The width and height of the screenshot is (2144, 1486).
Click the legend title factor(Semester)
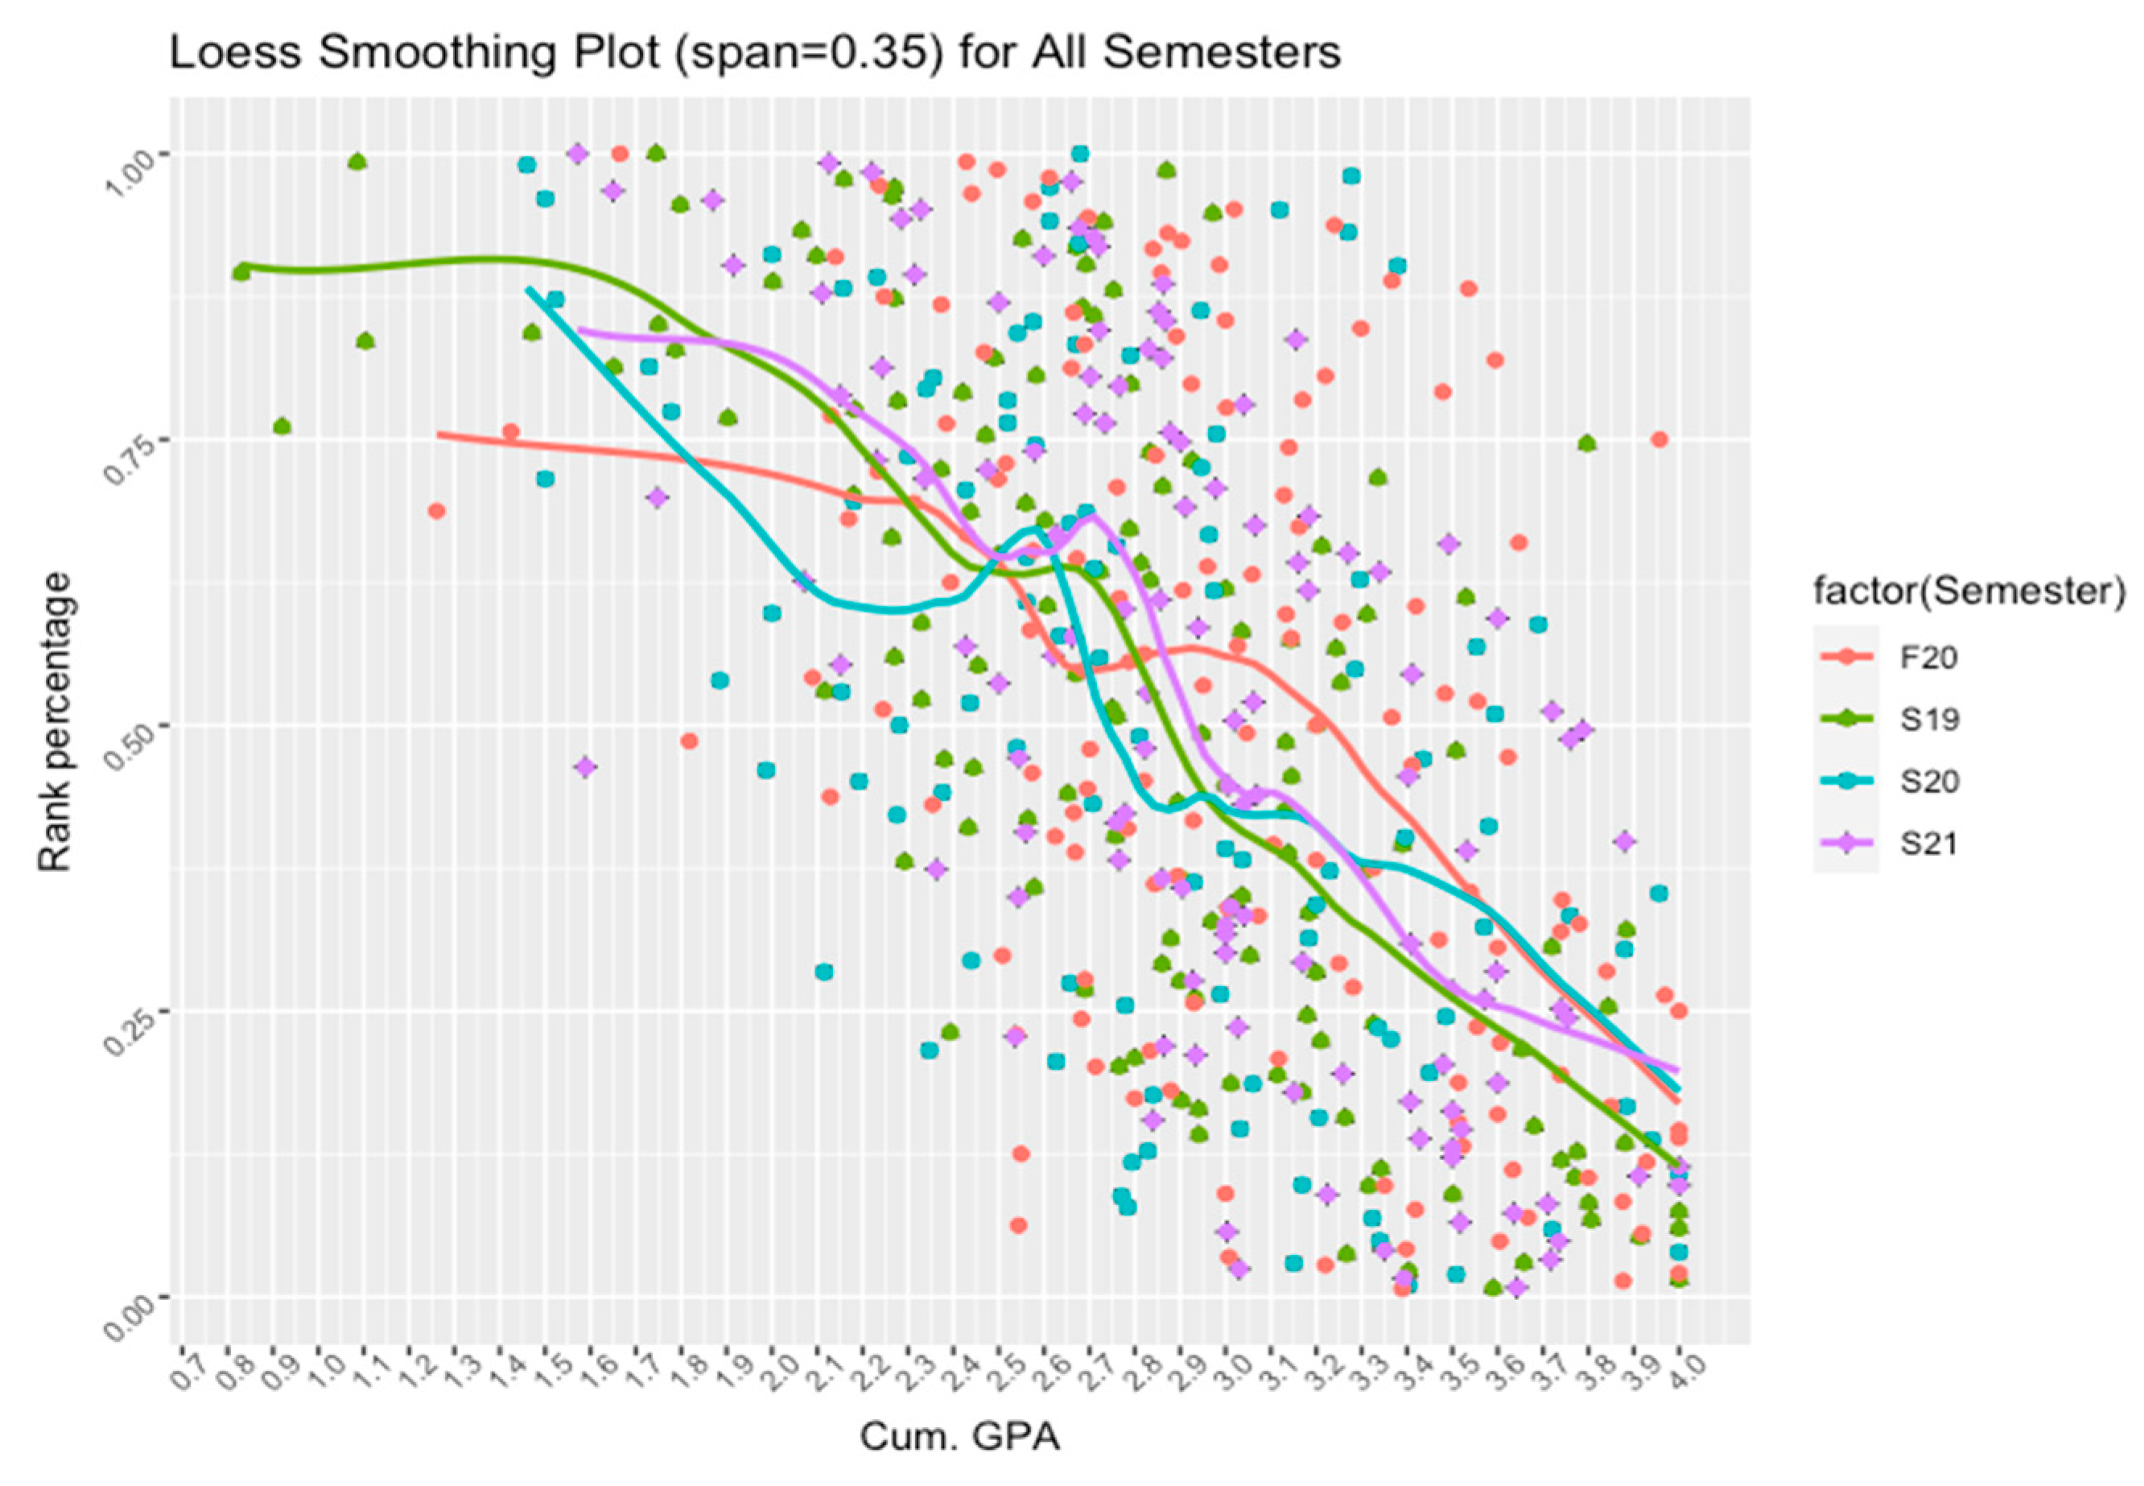[1969, 592]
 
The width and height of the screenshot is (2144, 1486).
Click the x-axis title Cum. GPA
[960, 1437]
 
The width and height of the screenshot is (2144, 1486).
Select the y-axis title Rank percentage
[55, 723]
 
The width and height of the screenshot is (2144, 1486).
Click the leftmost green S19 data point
[241, 272]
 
